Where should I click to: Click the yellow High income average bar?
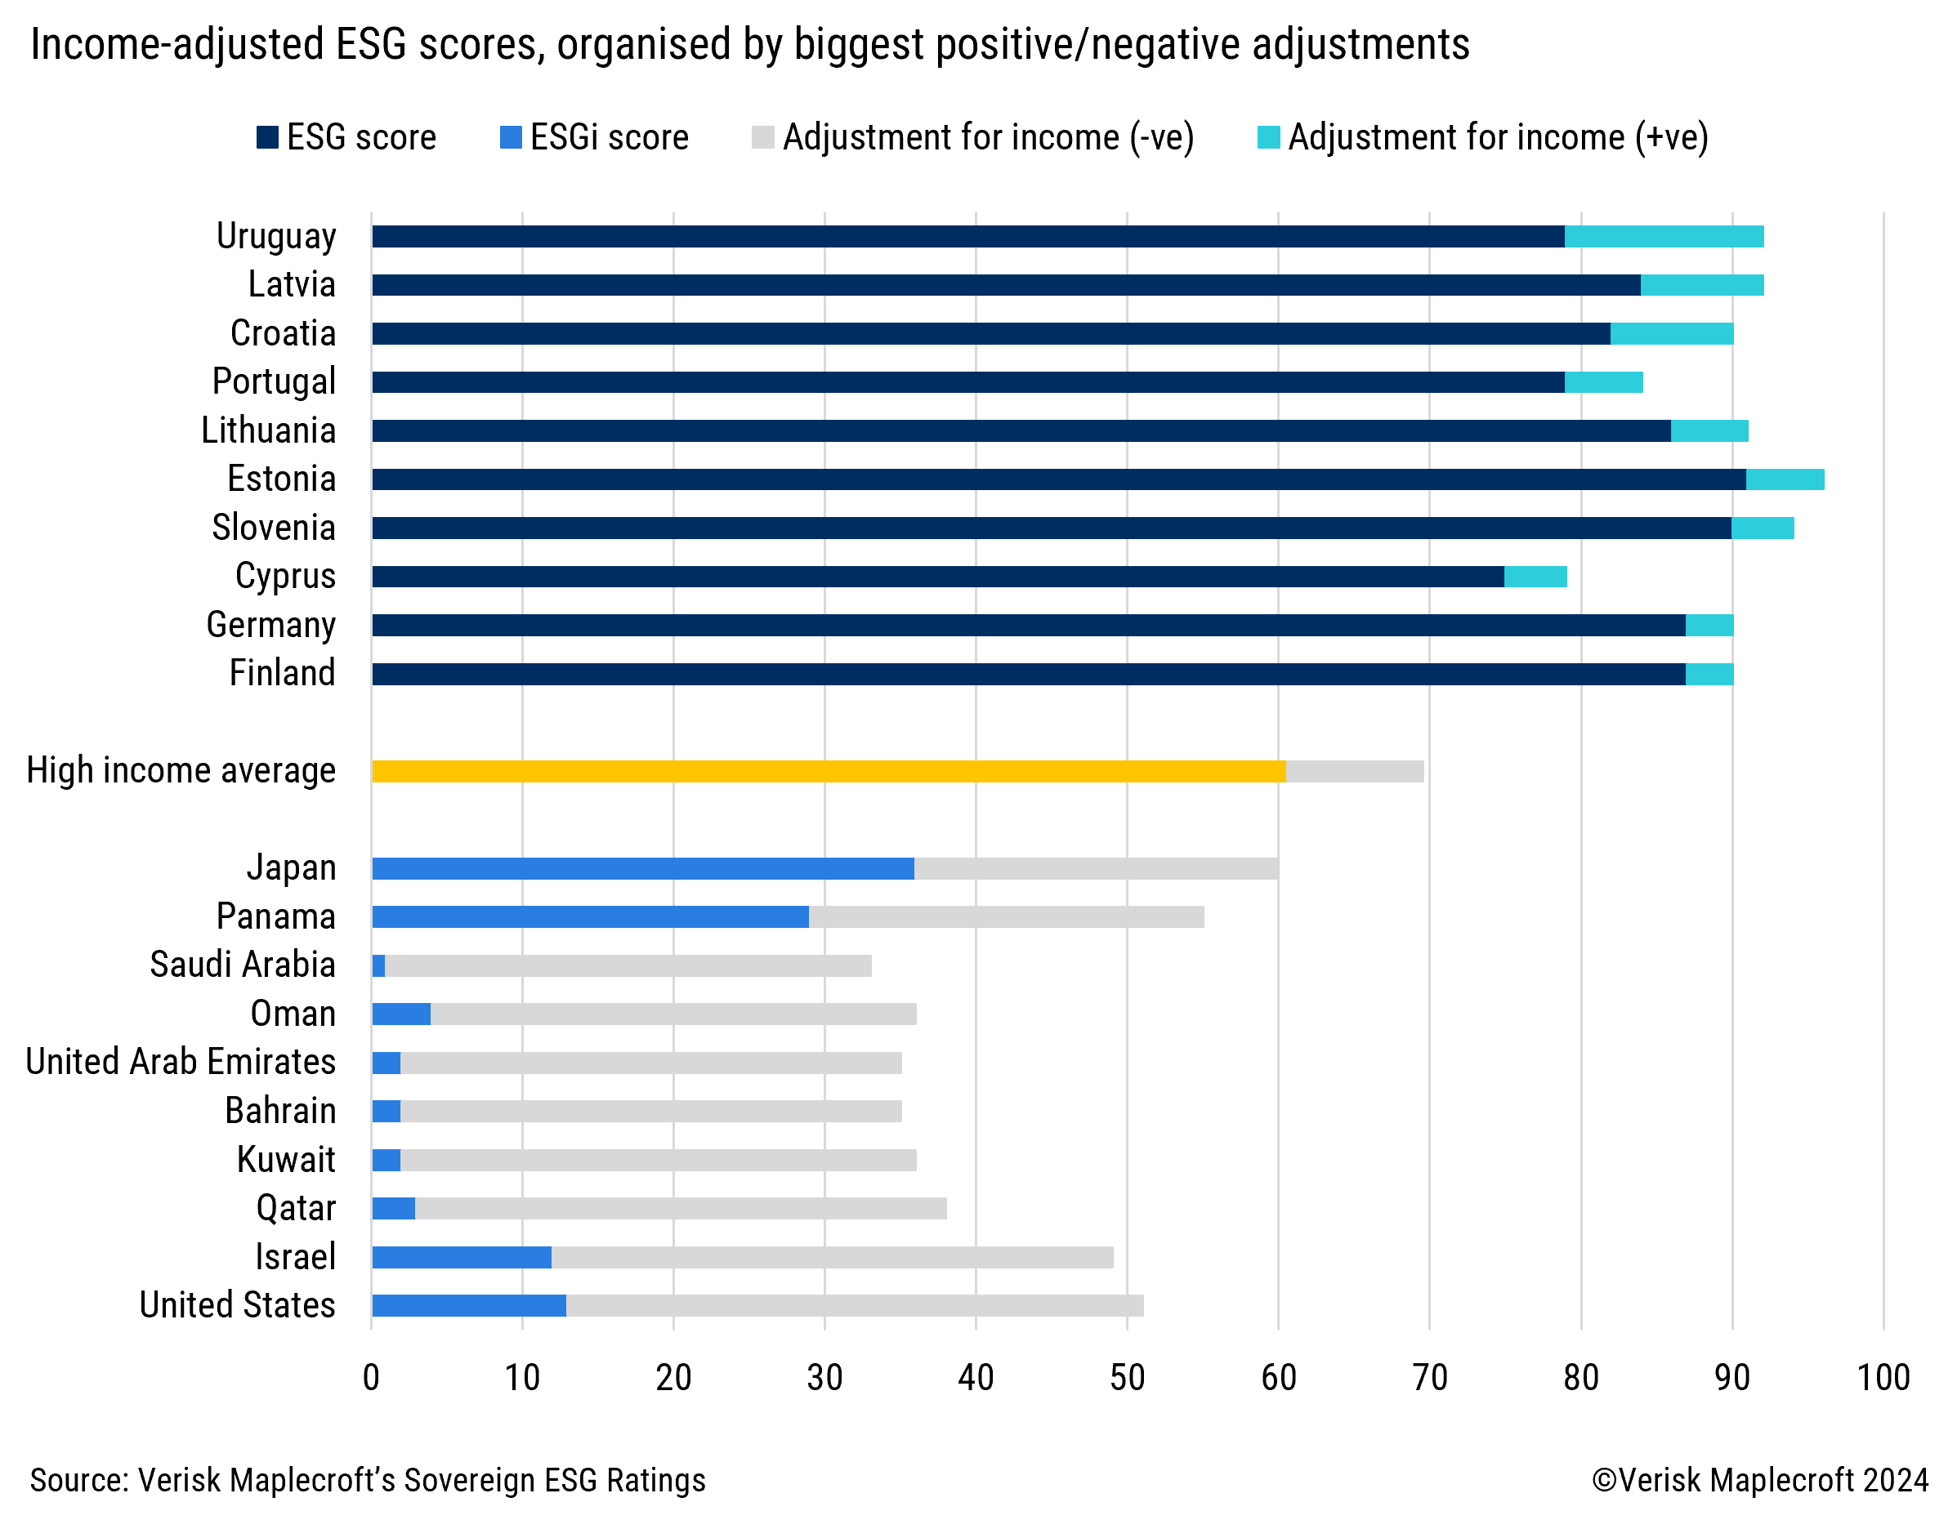[828, 771]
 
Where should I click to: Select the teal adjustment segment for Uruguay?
[1663, 237]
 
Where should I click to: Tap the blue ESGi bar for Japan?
[642, 868]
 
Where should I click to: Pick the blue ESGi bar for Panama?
[590, 916]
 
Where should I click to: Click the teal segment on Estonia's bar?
[1784, 479]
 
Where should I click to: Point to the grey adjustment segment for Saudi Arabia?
[628, 965]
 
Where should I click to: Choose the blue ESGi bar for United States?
[469, 1305]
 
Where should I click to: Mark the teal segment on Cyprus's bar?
[1535, 577]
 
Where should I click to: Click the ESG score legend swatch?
[267, 137]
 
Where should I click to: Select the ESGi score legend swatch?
[511, 137]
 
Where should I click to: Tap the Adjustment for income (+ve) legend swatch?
[1268, 137]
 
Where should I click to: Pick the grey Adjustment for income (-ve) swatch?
[762, 137]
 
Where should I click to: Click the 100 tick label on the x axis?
[1883, 1378]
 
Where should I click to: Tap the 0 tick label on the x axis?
[371, 1378]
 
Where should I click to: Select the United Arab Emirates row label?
[181, 1063]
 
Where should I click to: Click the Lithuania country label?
[268, 430]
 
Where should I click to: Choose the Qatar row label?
[296, 1208]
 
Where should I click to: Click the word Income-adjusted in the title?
[176, 45]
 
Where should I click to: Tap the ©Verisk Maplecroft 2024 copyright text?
[1759, 1480]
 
